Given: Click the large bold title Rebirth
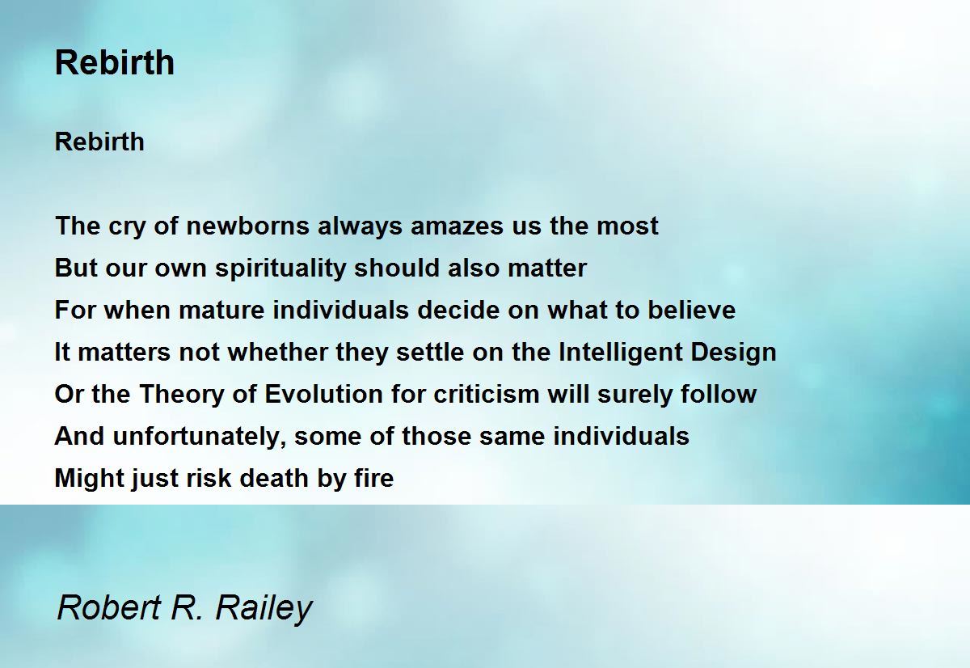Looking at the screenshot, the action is click(115, 62).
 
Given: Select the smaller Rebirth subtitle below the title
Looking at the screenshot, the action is click(99, 142).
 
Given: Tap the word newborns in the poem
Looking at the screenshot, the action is click(247, 226).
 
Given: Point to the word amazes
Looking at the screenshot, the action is click(457, 226).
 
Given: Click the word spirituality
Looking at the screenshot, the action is click(280, 268).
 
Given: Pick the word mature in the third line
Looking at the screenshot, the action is click(221, 311).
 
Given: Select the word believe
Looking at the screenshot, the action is click(692, 311).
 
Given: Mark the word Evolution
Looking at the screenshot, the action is click(324, 394).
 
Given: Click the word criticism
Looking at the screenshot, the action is click(487, 394).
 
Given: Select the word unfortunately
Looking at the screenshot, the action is click(196, 436).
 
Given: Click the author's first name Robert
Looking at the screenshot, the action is click(109, 607).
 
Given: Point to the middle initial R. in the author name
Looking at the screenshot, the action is click(186, 607).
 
